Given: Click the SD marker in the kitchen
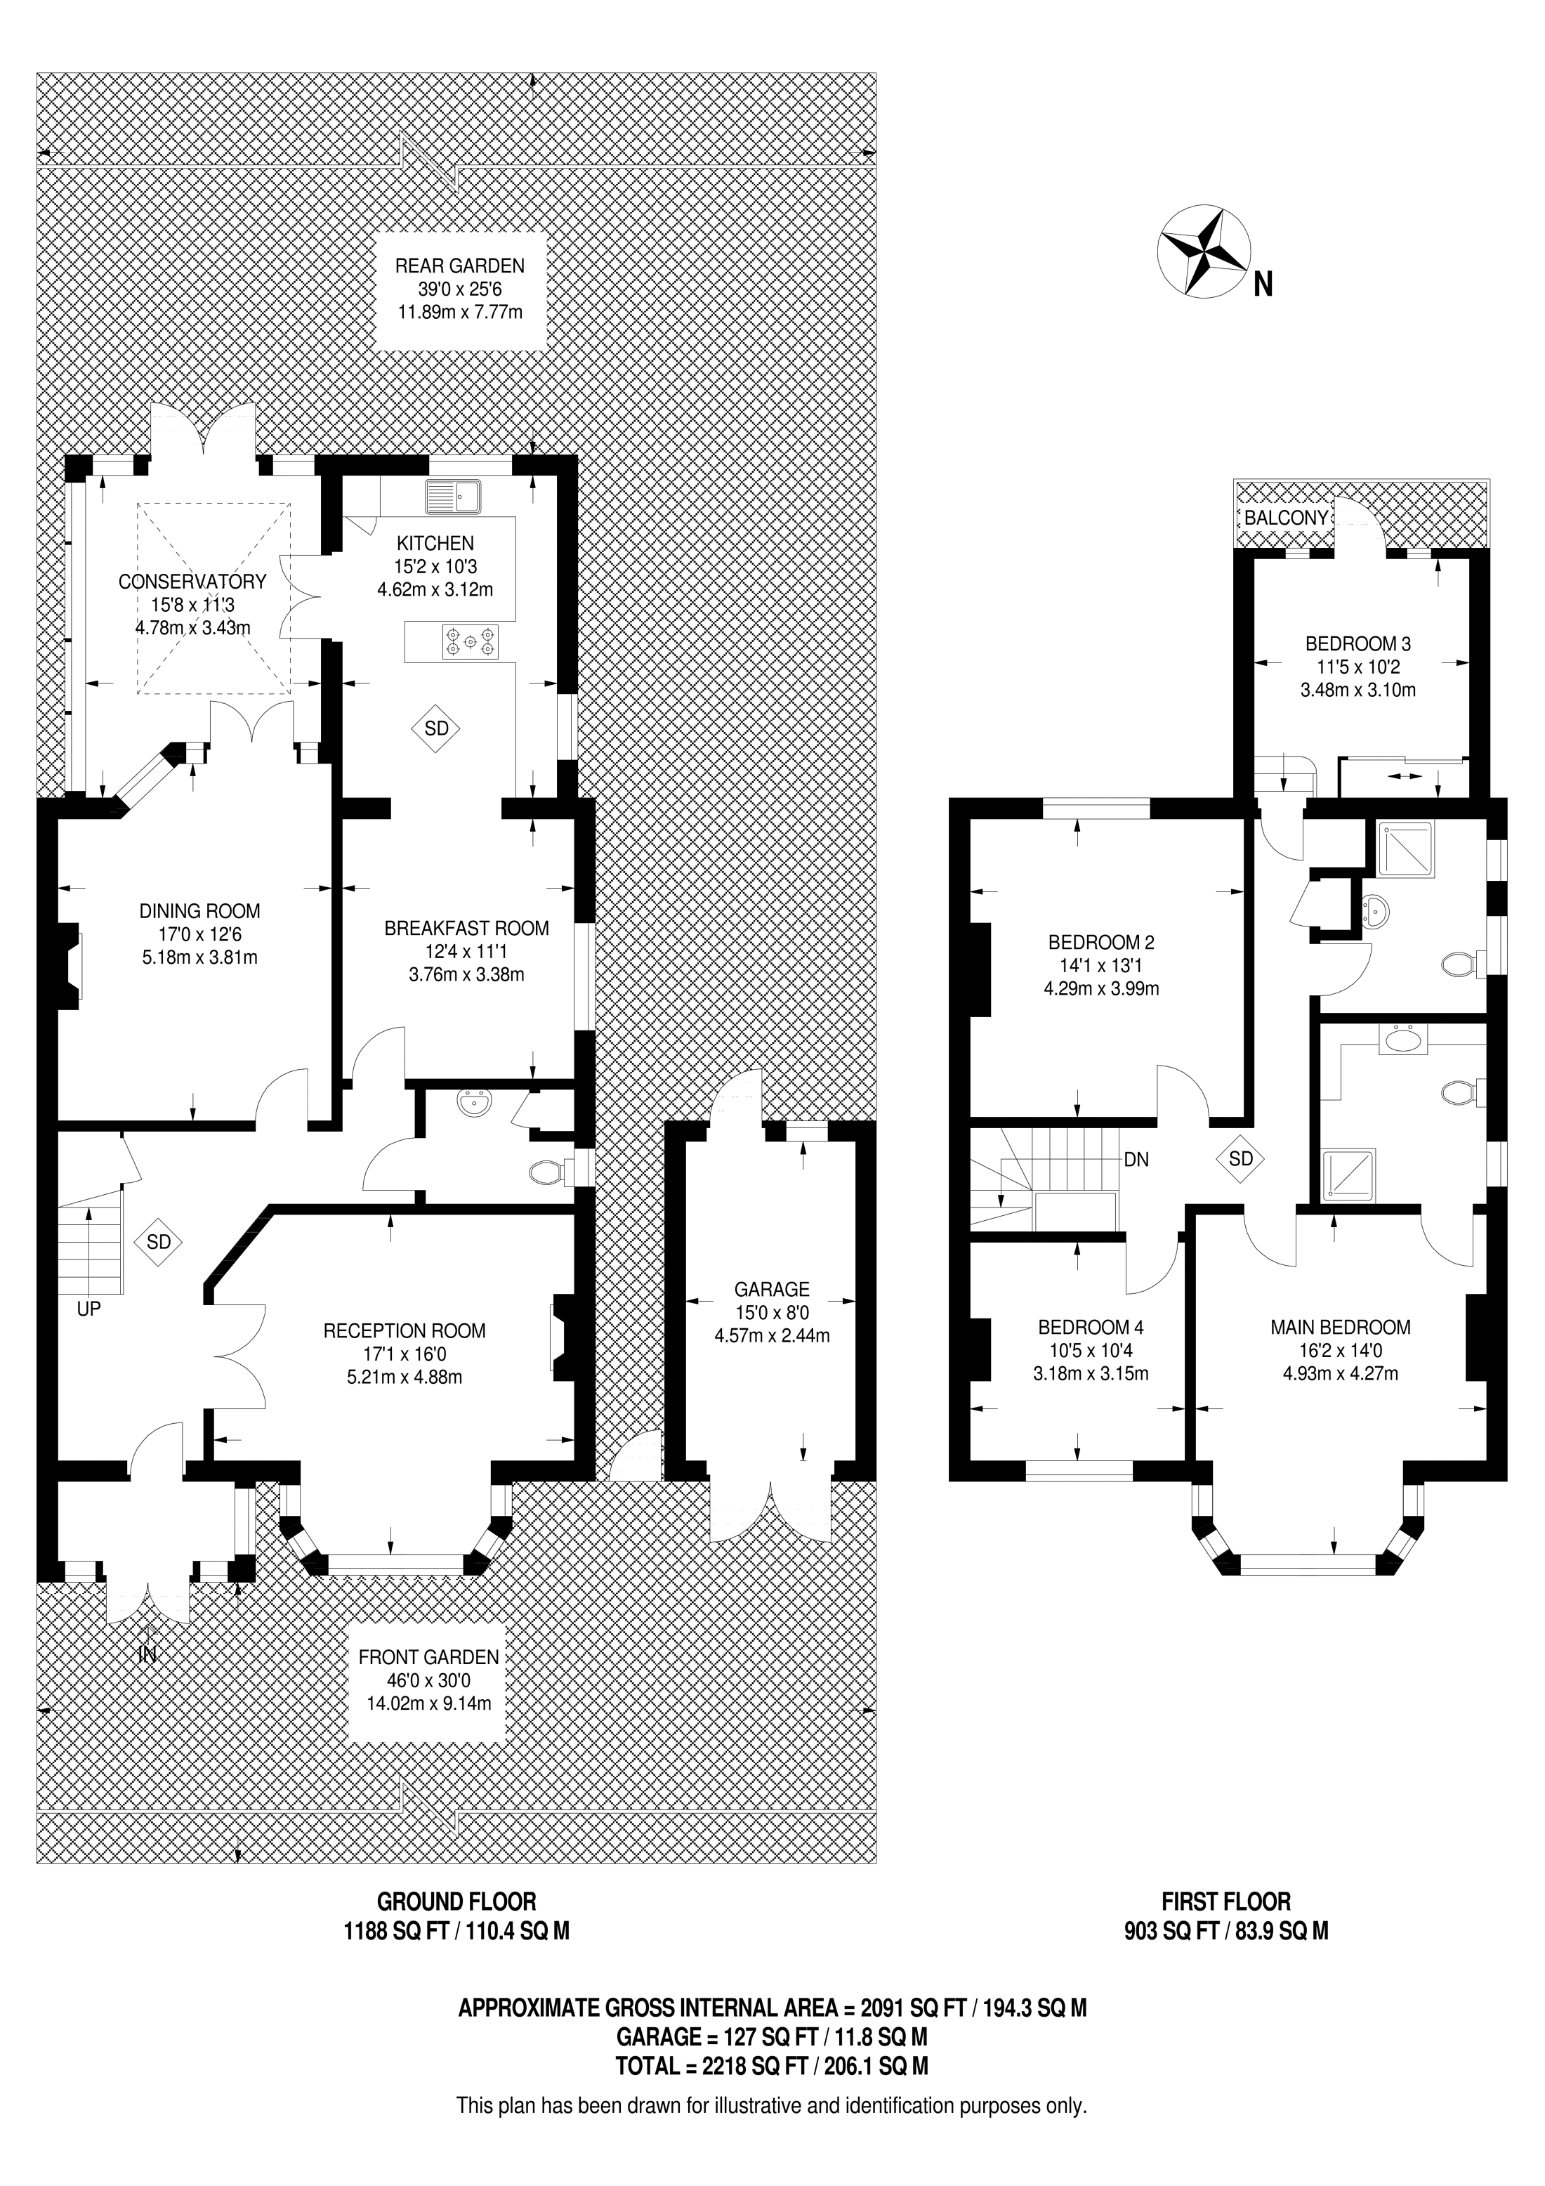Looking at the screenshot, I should (x=436, y=729).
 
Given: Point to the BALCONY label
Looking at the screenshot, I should (x=1285, y=518).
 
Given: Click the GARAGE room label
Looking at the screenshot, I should (x=771, y=1289).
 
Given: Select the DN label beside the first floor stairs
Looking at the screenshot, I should (x=1136, y=1160).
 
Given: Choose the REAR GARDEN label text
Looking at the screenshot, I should (x=460, y=266).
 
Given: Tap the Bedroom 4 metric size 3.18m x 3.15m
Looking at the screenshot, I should (x=1091, y=1374).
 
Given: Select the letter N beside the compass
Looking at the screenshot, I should (x=1262, y=284).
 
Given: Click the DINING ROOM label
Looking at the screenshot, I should (x=200, y=911).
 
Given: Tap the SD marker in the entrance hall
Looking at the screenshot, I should (x=158, y=1241).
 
